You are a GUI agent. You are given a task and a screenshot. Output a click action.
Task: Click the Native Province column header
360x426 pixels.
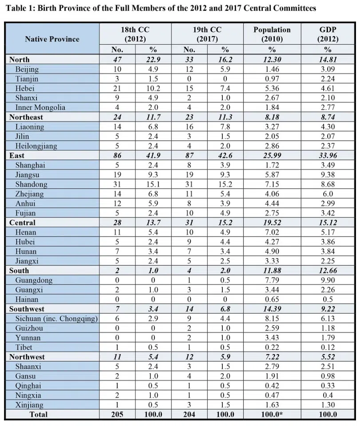click(52, 39)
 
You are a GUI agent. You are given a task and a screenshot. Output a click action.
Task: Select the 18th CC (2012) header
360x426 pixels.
click(135, 34)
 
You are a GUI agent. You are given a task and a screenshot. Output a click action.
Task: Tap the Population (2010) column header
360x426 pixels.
click(272, 34)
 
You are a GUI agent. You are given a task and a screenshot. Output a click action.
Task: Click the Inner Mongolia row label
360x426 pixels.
click(40, 107)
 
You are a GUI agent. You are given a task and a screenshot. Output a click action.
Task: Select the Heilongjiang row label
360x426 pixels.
click(36, 146)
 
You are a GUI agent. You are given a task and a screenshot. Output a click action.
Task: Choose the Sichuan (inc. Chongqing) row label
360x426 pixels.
click(56, 319)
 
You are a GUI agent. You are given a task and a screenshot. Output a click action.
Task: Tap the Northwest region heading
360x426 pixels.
click(27, 357)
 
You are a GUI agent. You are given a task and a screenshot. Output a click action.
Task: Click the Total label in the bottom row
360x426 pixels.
click(38, 414)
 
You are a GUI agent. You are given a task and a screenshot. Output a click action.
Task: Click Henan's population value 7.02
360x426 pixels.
click(272, 232)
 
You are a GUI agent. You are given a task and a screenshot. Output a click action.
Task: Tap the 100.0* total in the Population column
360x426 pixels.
click(272, 414)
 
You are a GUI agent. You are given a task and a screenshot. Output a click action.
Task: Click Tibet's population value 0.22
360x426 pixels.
click(272, 347)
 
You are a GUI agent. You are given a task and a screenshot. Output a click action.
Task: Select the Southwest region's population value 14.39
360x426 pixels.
click(272, 309)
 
